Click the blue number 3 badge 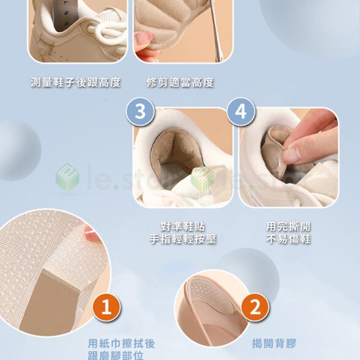point(140,111)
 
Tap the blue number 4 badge point(241,111)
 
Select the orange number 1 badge point(107,307)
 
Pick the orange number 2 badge point(255,307)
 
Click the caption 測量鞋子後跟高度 point(76,83)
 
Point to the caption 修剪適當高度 point(180,83)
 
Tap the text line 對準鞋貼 point(183,227)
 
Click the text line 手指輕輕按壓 point(183,239)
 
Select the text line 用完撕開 point(288,227)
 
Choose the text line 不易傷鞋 point(288,239)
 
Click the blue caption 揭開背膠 point(274,344)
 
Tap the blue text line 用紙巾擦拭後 point(121,344)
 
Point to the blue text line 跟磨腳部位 point(116,355)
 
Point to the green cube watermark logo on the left point(67,177)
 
